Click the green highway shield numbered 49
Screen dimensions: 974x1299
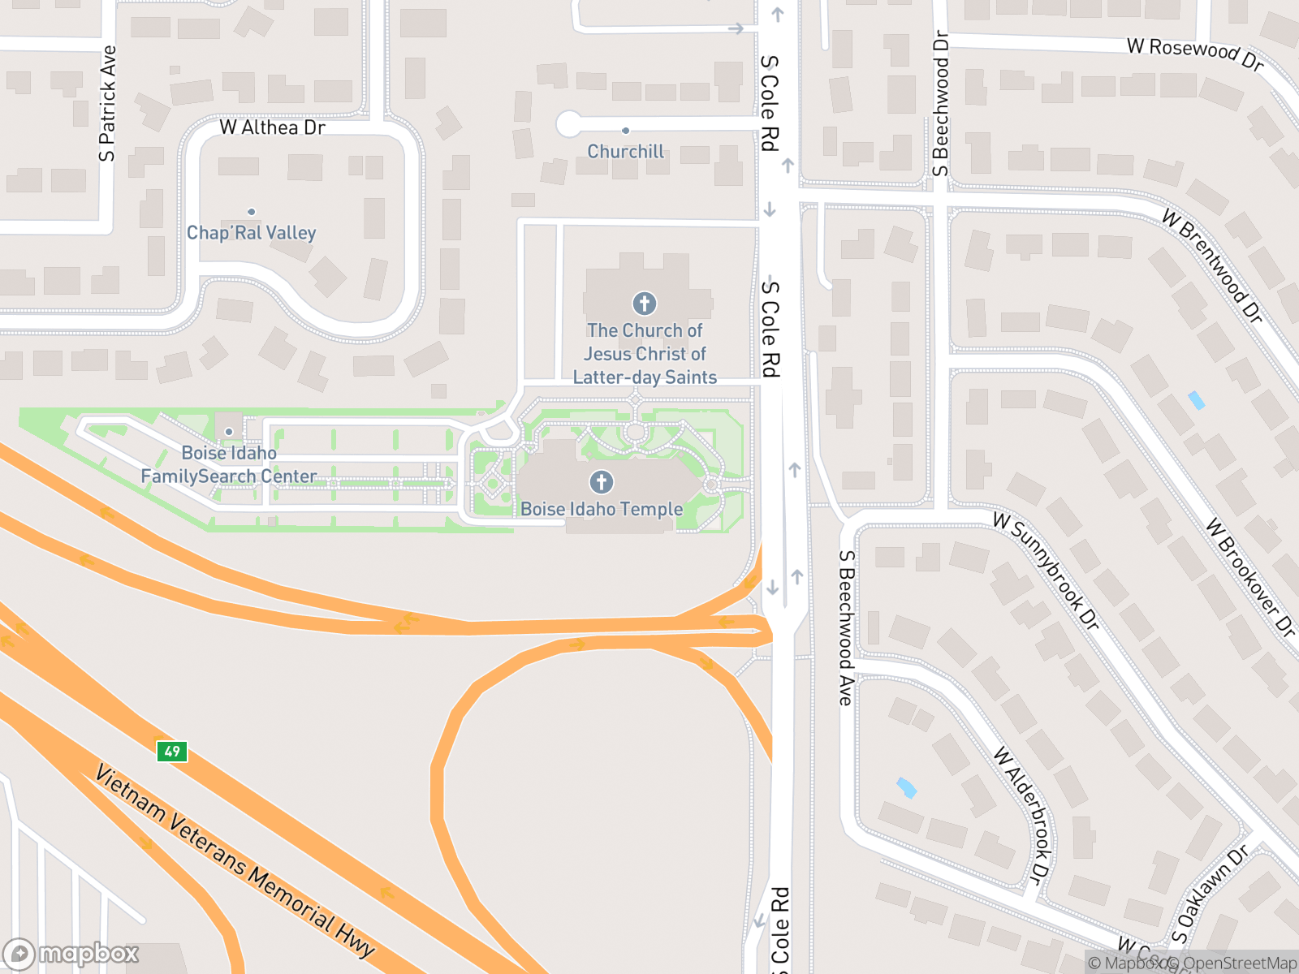click(x=172, y=751)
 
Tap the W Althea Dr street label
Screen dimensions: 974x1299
click(x=272, y=127)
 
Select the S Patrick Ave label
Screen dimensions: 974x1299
click(x=108, y=104)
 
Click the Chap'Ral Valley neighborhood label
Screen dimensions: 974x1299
click(x=251, y=233)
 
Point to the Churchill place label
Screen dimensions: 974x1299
click(x=625, y=152)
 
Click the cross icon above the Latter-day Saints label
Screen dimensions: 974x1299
click(x=645, y=304)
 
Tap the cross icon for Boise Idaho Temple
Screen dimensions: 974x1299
click(x=602, y=482)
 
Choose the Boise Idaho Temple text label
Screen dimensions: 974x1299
click(x=602, y=509)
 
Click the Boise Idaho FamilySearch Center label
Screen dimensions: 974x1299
click(x=229, y=464)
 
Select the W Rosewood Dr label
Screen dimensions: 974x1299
click(x=1195, y=53)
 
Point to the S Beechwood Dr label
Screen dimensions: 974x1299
click(x=941, y=104)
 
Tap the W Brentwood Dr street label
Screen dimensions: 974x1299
click(x=1212, y=266)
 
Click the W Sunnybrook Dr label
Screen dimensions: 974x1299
click(x=1047, y=571)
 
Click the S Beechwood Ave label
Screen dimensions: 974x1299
click(x=846, y=627)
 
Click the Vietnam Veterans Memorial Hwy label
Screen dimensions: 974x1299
click(x=235, y=861)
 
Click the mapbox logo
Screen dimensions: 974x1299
click(x=71, y=954)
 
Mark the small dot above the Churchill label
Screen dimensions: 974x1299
click(x=625, y=131)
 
